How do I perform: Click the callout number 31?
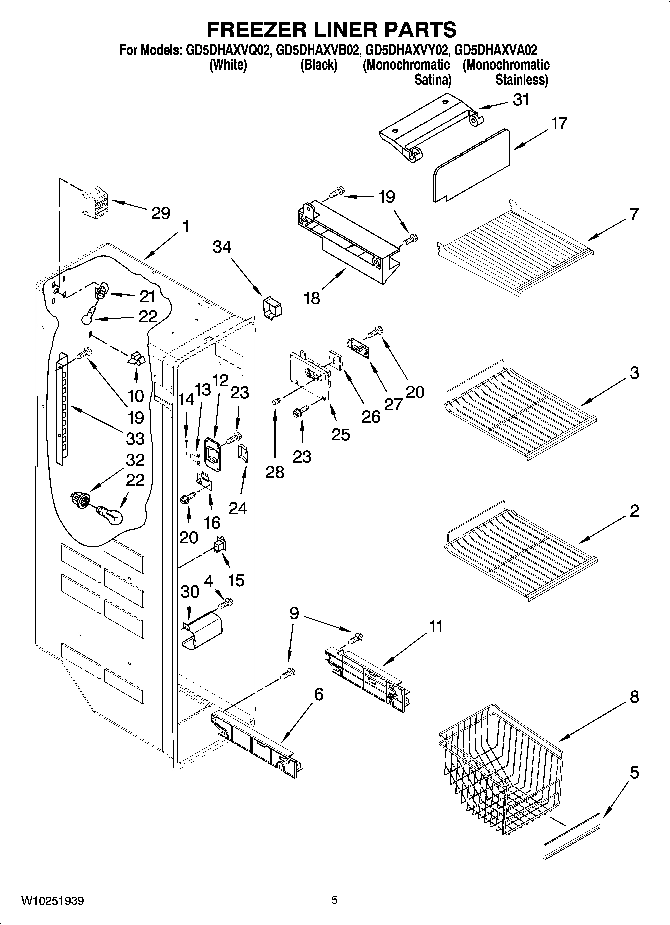tap(521, 100)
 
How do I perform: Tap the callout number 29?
tap(161, 214)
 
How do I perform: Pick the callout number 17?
tap(559, 123)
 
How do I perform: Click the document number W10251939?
tap(52, 901)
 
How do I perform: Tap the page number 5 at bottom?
tap(334, 900)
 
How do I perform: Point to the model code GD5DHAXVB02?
tap(318, 51)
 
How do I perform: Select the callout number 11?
tap(436, 626)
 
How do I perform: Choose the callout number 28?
tap(275, 472)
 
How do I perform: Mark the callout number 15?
tap(236, 580)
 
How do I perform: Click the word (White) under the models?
tap(228, 65)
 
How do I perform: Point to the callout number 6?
tap(318, 695)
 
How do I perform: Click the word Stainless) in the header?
tap(521, 80)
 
